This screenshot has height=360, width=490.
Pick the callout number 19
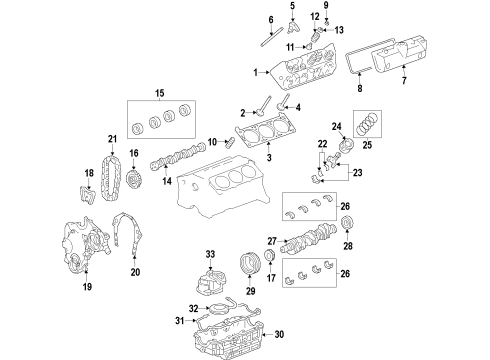pyautogui.click(x=88, y=287)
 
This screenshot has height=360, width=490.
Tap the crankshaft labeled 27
pyautogui.click(x=311, y=245)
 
